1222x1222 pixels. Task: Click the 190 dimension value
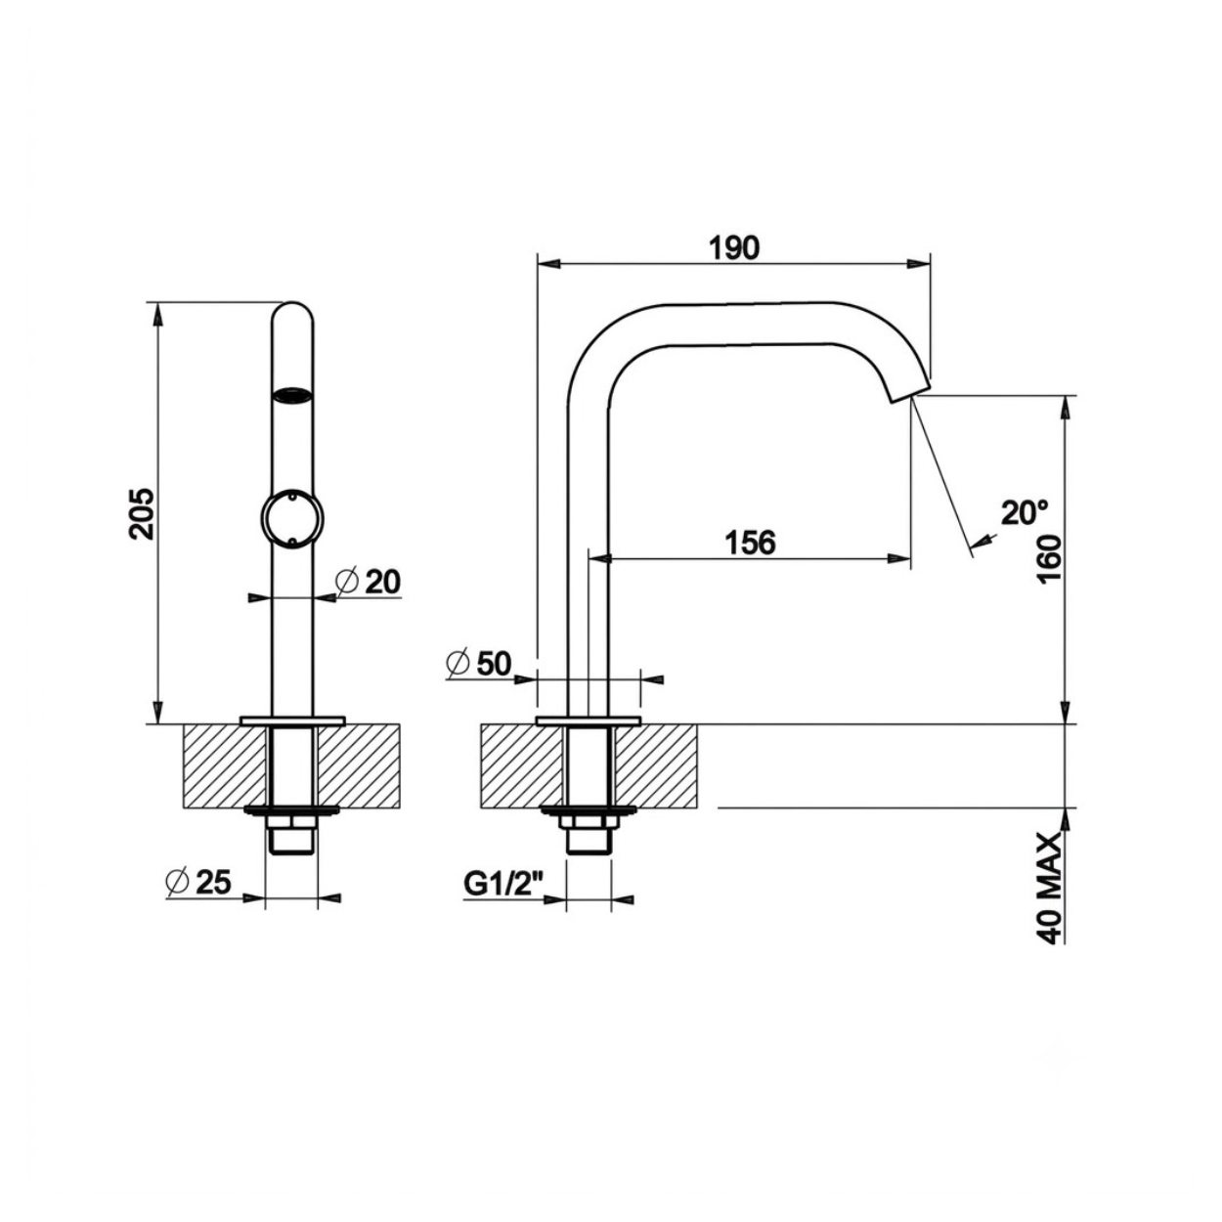[734, 248]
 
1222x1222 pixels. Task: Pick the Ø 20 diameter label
[369, 582]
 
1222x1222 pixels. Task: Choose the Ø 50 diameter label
[479, 664]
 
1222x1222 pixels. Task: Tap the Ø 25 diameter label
[198, 882]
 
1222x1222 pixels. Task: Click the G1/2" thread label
[504, 884]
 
